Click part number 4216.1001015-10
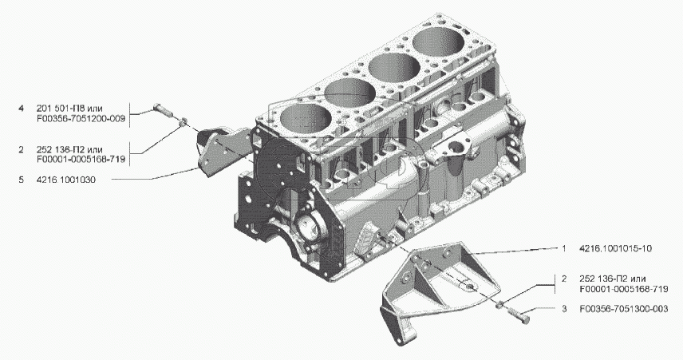[615, 248]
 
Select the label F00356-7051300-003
[624, 309]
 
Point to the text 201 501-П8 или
[69, 109]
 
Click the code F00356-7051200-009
[81, 119]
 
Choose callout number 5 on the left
[21, 180]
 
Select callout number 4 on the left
[21, 109]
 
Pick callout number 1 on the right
[564, 248]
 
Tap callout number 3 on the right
[564, 309]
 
